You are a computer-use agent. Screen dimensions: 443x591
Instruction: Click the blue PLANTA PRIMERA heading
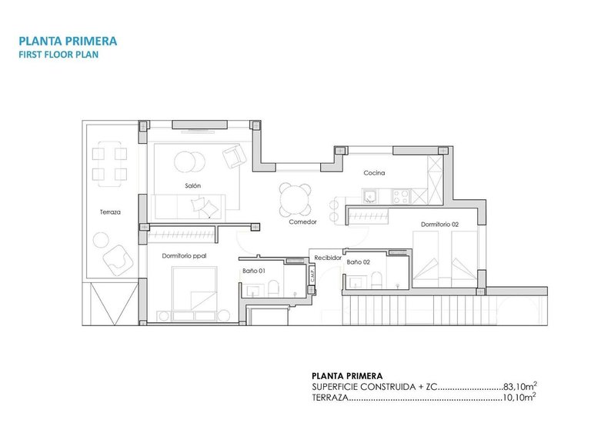tap(67, 41)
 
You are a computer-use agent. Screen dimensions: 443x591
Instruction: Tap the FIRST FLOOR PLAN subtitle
tap(58, 55)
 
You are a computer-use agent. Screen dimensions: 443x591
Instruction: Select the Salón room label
tap(192, 186)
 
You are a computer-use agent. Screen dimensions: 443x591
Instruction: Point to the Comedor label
tap(302, 222)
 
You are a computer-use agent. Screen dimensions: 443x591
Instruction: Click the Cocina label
tap(374, 173)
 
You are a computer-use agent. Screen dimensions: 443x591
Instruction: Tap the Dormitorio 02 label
tap(439, 225)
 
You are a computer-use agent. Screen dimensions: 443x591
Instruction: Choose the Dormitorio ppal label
tap(184, 255)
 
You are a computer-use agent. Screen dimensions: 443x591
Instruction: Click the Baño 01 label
tap(253, 270)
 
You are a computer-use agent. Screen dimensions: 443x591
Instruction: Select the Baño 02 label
tap(358, 262)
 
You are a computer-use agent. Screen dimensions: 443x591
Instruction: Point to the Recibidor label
tap(327, 258)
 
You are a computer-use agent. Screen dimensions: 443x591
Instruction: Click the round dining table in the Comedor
tap(295, 200)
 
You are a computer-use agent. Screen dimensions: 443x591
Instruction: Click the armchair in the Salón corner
tap(234, 158)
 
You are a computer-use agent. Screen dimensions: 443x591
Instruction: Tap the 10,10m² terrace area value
tap(519, 398)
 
